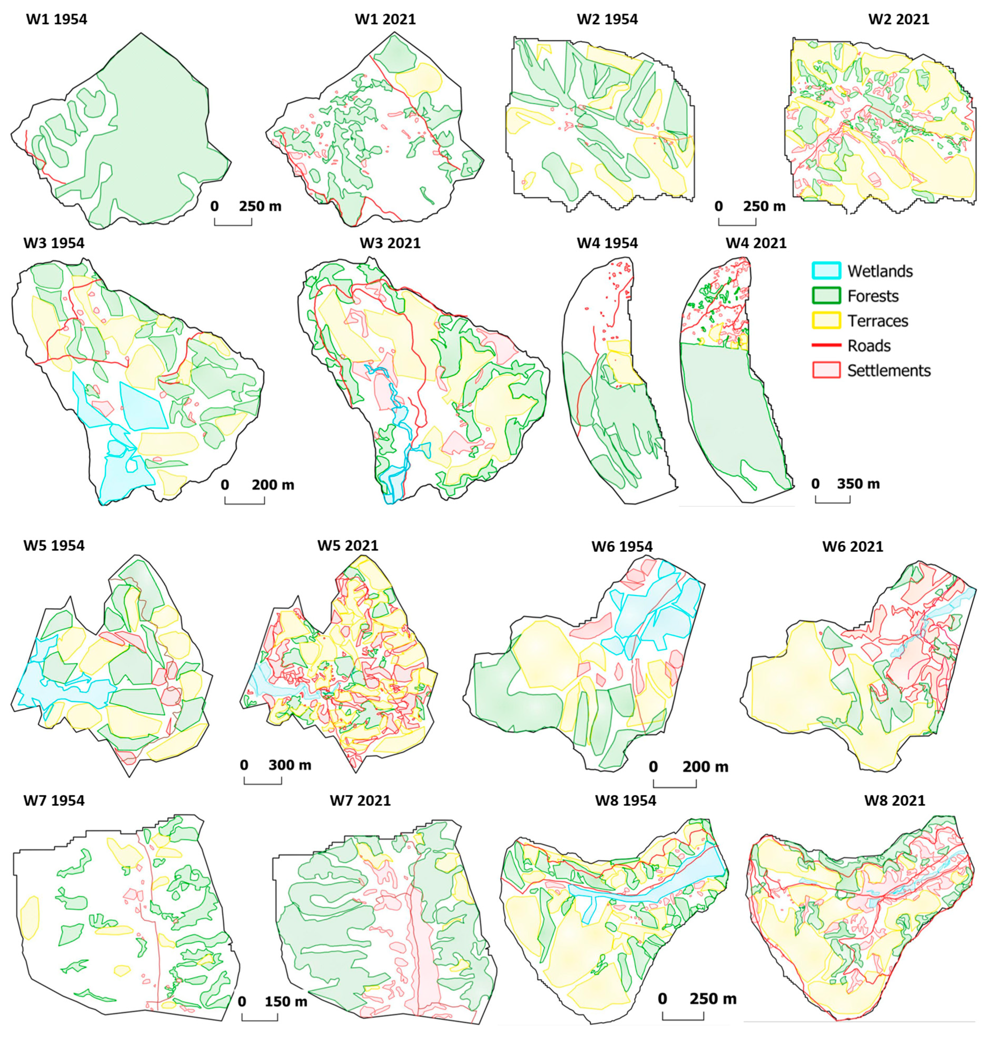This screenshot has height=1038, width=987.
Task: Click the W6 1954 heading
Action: [x=622, y=546]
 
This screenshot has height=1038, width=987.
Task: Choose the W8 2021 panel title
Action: [x=895, y=800]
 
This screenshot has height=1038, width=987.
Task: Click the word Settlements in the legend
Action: [x=889, y=371]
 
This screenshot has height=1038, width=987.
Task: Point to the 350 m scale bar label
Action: [x=858, y=483]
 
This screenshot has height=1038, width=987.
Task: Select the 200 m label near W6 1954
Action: [x=705, y=767]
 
